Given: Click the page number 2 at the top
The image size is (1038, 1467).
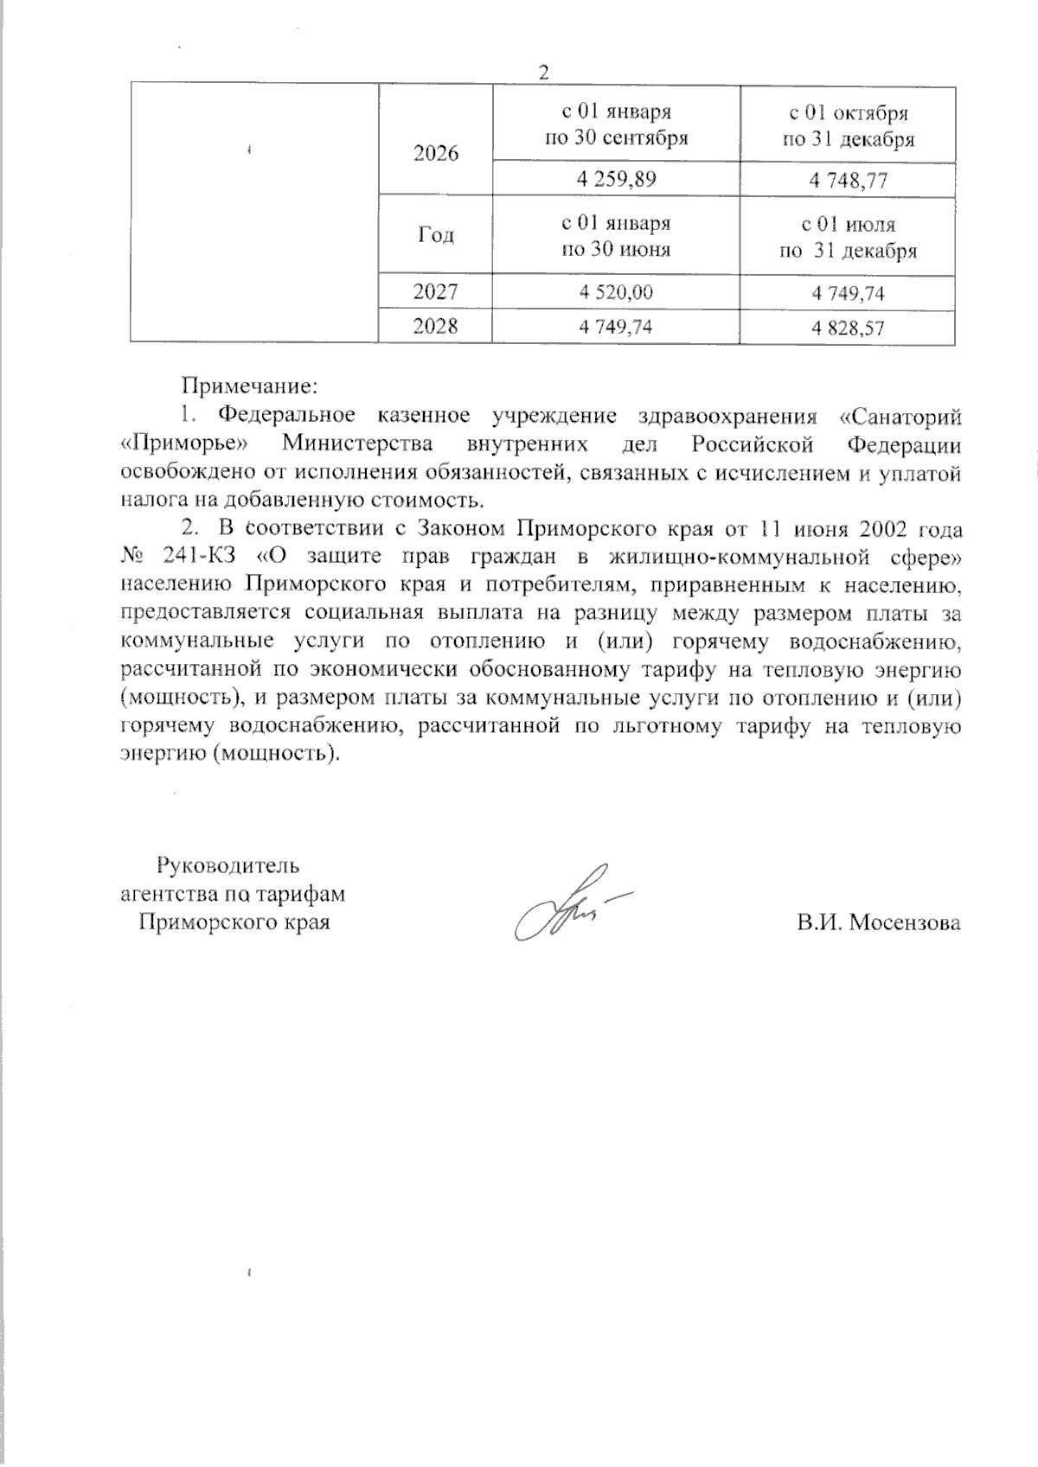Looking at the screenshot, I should click(x=543, y=73).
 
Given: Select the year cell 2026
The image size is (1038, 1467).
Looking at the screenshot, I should click(x=436, y=154).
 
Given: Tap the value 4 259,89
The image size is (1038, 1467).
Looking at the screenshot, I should click(x=616, y=180).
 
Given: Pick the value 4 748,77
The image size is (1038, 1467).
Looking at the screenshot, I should click(x=849, y=180).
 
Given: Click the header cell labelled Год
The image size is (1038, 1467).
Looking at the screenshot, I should click(x=436, y=235).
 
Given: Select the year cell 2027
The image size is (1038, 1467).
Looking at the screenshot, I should click(x=436, y=292).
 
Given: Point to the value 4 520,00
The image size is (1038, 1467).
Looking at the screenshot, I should click(x=616, y=293).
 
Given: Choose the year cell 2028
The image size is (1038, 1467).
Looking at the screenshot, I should click(x=436, y=326).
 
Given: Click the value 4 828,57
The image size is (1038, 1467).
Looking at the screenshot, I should click(x=849, y=328).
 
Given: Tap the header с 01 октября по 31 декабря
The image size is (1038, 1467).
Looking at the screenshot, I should click(x=849, y=126).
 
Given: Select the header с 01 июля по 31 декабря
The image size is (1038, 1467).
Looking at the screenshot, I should click(x=849, y=238).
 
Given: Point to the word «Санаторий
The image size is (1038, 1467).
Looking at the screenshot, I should click(x=900, y=416).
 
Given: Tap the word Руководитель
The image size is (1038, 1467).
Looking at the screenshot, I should click(x=227, y=865).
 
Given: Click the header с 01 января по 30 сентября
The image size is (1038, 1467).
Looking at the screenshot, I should click(x=616, y=126).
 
